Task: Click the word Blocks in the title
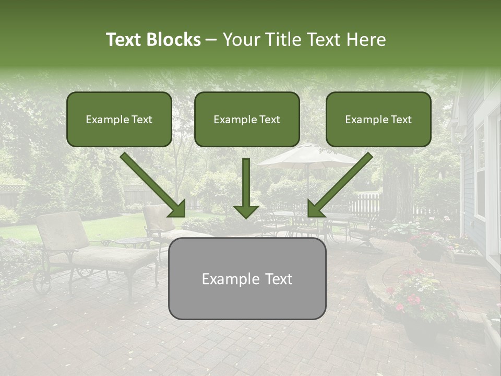[x=174, y=40]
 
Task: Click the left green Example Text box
[x=119, y=119]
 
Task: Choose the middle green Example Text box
[x=247, y=119]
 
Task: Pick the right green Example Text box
[x=378, y=119]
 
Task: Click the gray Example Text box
[x=247, y=278]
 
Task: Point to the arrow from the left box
[x=152, y=184]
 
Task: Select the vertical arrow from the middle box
[x=246, y=188]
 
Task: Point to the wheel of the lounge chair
[x=42, y=283]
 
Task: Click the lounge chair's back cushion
[x=63, y=230]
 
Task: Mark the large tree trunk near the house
[x=398, y=188]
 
